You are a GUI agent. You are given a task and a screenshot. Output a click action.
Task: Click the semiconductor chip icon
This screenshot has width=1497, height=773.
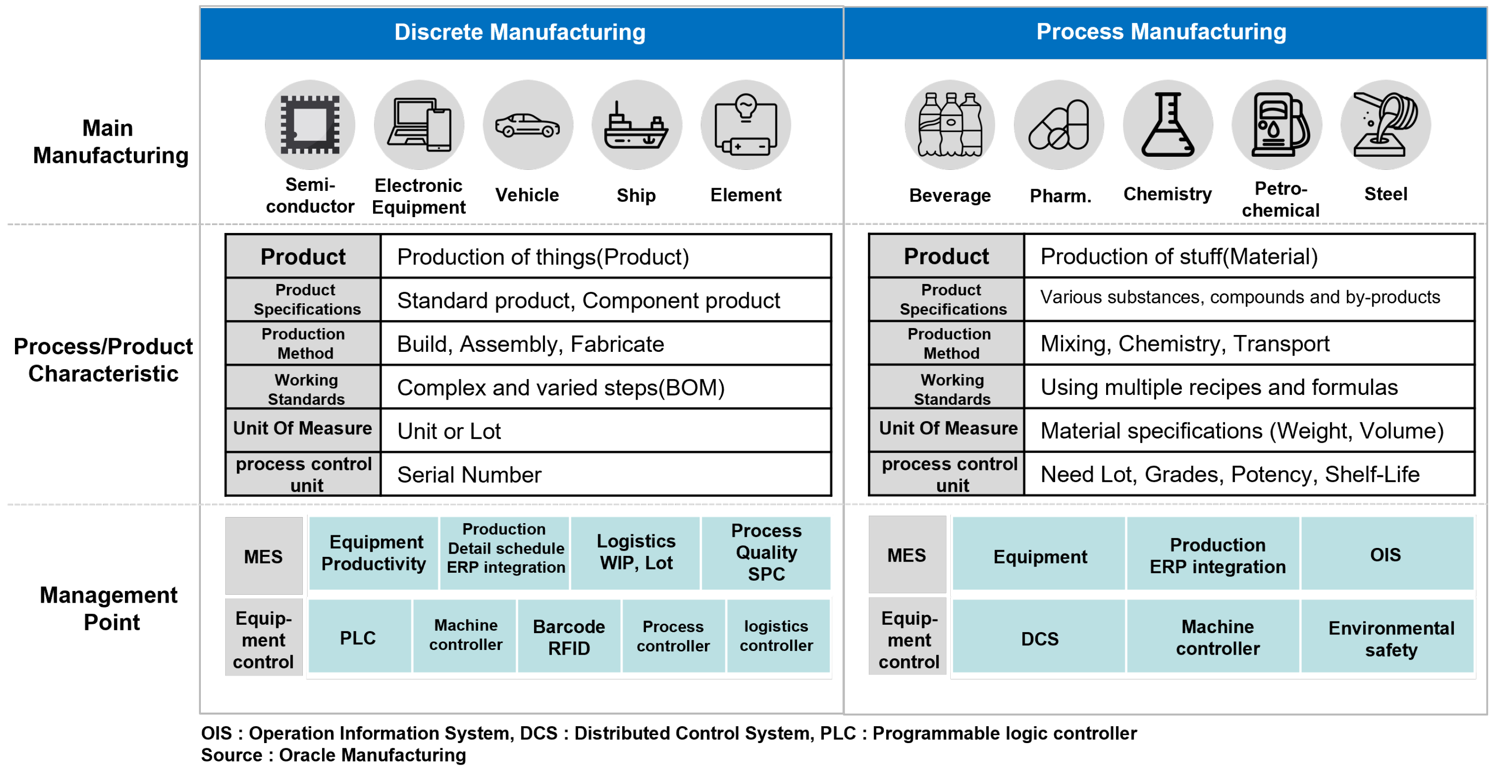coord(310,124)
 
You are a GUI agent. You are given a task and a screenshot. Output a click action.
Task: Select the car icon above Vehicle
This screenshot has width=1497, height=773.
coord(527,125)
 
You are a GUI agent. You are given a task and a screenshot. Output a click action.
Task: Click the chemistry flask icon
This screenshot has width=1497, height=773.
coord(1167,125)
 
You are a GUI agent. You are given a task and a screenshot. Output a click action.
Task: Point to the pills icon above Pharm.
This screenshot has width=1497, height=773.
coord(1059,125)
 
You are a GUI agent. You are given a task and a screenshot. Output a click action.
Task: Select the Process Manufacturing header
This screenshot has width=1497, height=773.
coord(1161,32)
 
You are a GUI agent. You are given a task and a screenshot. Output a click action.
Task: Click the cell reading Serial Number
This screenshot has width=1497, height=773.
coord(605,474)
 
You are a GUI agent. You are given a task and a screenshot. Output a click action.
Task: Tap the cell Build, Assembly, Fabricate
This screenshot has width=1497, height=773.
coord(605,344)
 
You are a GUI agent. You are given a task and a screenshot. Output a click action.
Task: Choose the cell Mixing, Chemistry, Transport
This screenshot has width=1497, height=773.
coord(1248,343)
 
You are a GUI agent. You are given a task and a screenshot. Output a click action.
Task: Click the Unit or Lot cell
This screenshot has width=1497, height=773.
coord(605,431)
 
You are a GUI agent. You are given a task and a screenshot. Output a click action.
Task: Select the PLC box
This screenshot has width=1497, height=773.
coord(359,637)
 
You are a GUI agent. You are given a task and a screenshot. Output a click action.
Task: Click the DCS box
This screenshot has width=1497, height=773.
coord(1039,638)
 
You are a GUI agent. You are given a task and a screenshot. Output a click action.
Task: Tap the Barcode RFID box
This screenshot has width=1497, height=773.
coord(569,637)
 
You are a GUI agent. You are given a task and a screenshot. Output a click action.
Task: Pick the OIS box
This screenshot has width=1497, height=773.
coord(1386,554)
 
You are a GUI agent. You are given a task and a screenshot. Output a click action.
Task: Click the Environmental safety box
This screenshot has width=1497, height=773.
coord(1391,638)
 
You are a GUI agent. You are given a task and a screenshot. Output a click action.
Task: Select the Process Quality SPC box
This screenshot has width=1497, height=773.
coord(766,552)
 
